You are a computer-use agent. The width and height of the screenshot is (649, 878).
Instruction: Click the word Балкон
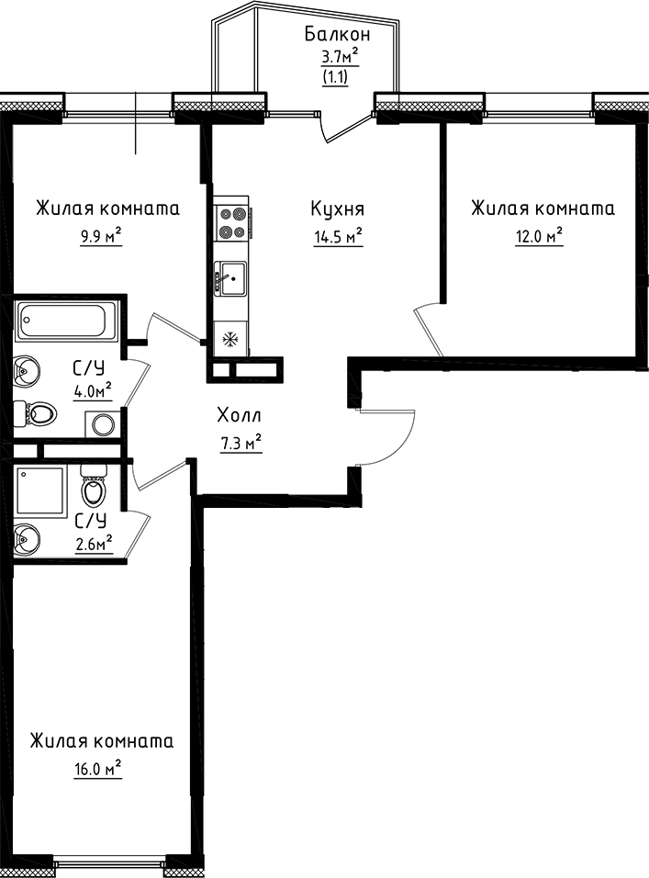tap(338, 35)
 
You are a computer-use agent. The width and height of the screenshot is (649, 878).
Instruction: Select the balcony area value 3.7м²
tap(338, 58)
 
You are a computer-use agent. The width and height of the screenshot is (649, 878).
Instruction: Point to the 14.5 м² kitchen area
tap(337, 237)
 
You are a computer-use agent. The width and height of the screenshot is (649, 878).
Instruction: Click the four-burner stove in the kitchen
tap(232, 221)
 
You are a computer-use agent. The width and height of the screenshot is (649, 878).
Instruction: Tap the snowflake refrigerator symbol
tap(229, 339)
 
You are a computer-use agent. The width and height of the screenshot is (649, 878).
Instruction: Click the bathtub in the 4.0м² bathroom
tap(62, 322)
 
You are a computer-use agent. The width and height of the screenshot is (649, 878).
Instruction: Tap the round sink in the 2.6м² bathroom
tap(28, 536)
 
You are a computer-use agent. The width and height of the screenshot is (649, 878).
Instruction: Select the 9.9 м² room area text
tap(102, 237)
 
